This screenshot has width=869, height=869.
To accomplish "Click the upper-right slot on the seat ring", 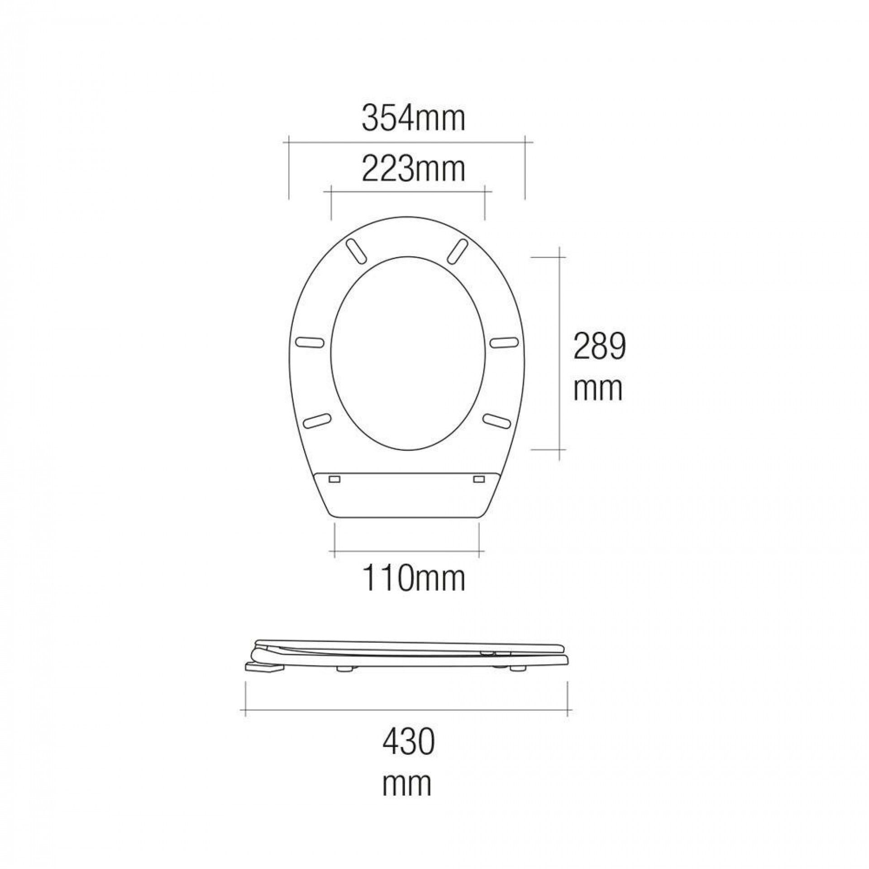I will [457, 250].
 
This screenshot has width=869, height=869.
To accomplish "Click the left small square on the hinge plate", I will [335, 479].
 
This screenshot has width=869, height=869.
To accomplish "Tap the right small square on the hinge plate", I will [479, 479].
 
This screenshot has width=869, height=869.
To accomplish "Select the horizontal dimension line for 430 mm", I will [407, 711].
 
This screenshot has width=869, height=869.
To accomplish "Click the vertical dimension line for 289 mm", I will [560, 353].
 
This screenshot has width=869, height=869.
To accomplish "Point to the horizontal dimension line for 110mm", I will [407, 552].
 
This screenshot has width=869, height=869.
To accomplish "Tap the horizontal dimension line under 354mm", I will [407, 142].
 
